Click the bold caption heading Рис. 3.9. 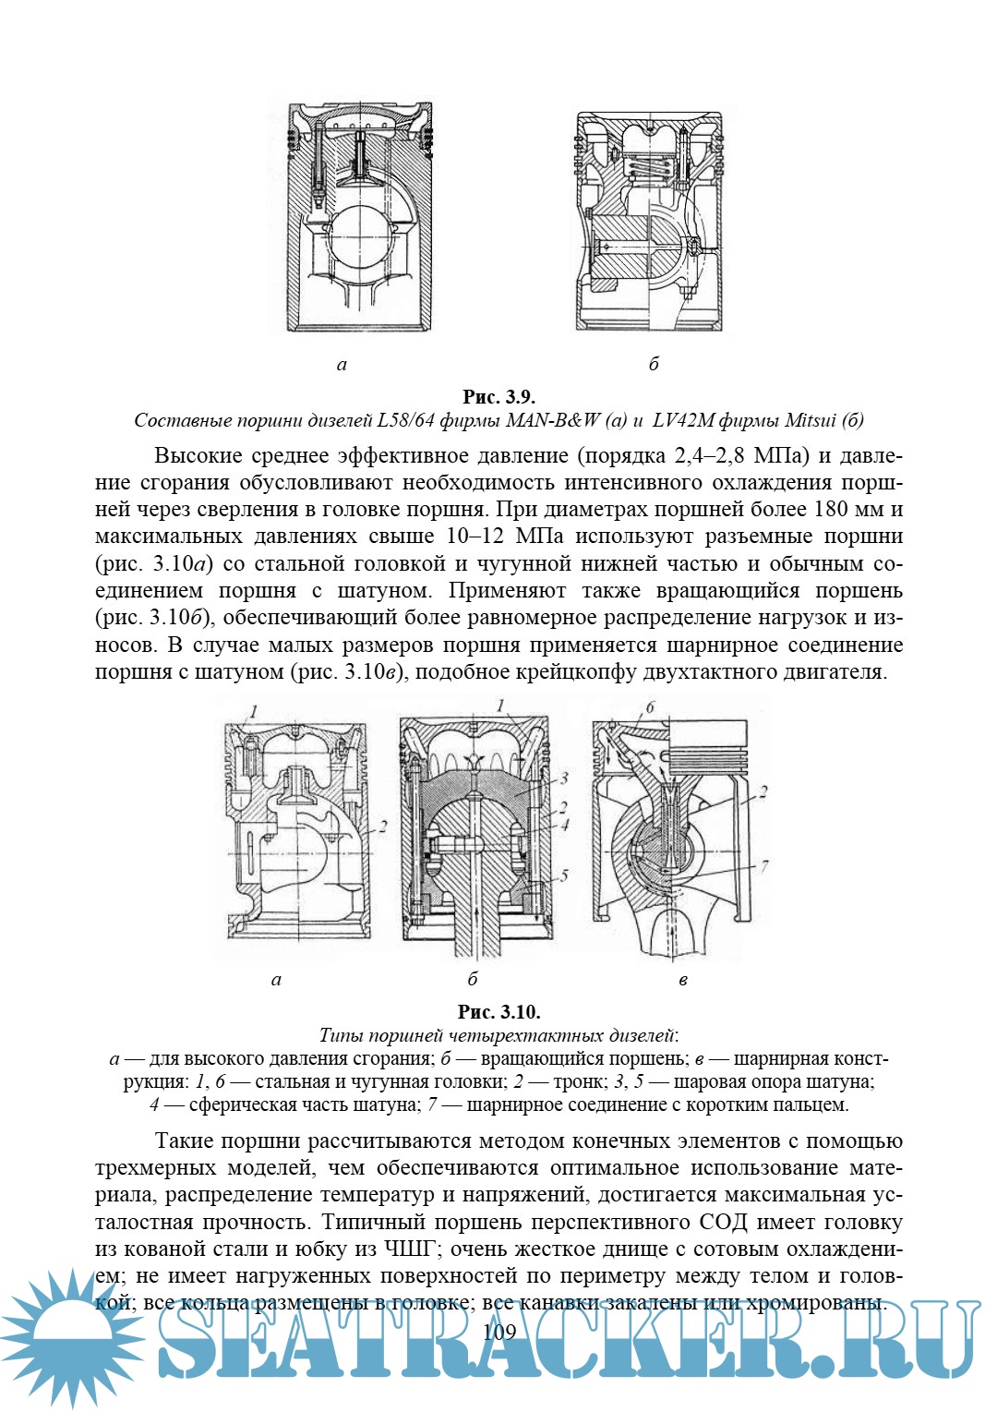click(x=498, y=397)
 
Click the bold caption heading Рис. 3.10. click(x=498, y=1011)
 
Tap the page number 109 click(x=498, y=1331)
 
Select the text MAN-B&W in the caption click(x=553, y=421)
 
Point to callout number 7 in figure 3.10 click(x=764, y=866)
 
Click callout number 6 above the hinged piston click(x=650, y=707)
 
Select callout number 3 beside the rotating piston click(x=563, y=778)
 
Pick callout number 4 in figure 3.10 click(x=565, y=825)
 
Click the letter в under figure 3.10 click(x=682, y=980)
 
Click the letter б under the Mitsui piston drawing click(x=653, y=364)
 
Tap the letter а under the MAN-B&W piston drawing click(x=342, y=365)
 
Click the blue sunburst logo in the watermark click(x=69, y=1338)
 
